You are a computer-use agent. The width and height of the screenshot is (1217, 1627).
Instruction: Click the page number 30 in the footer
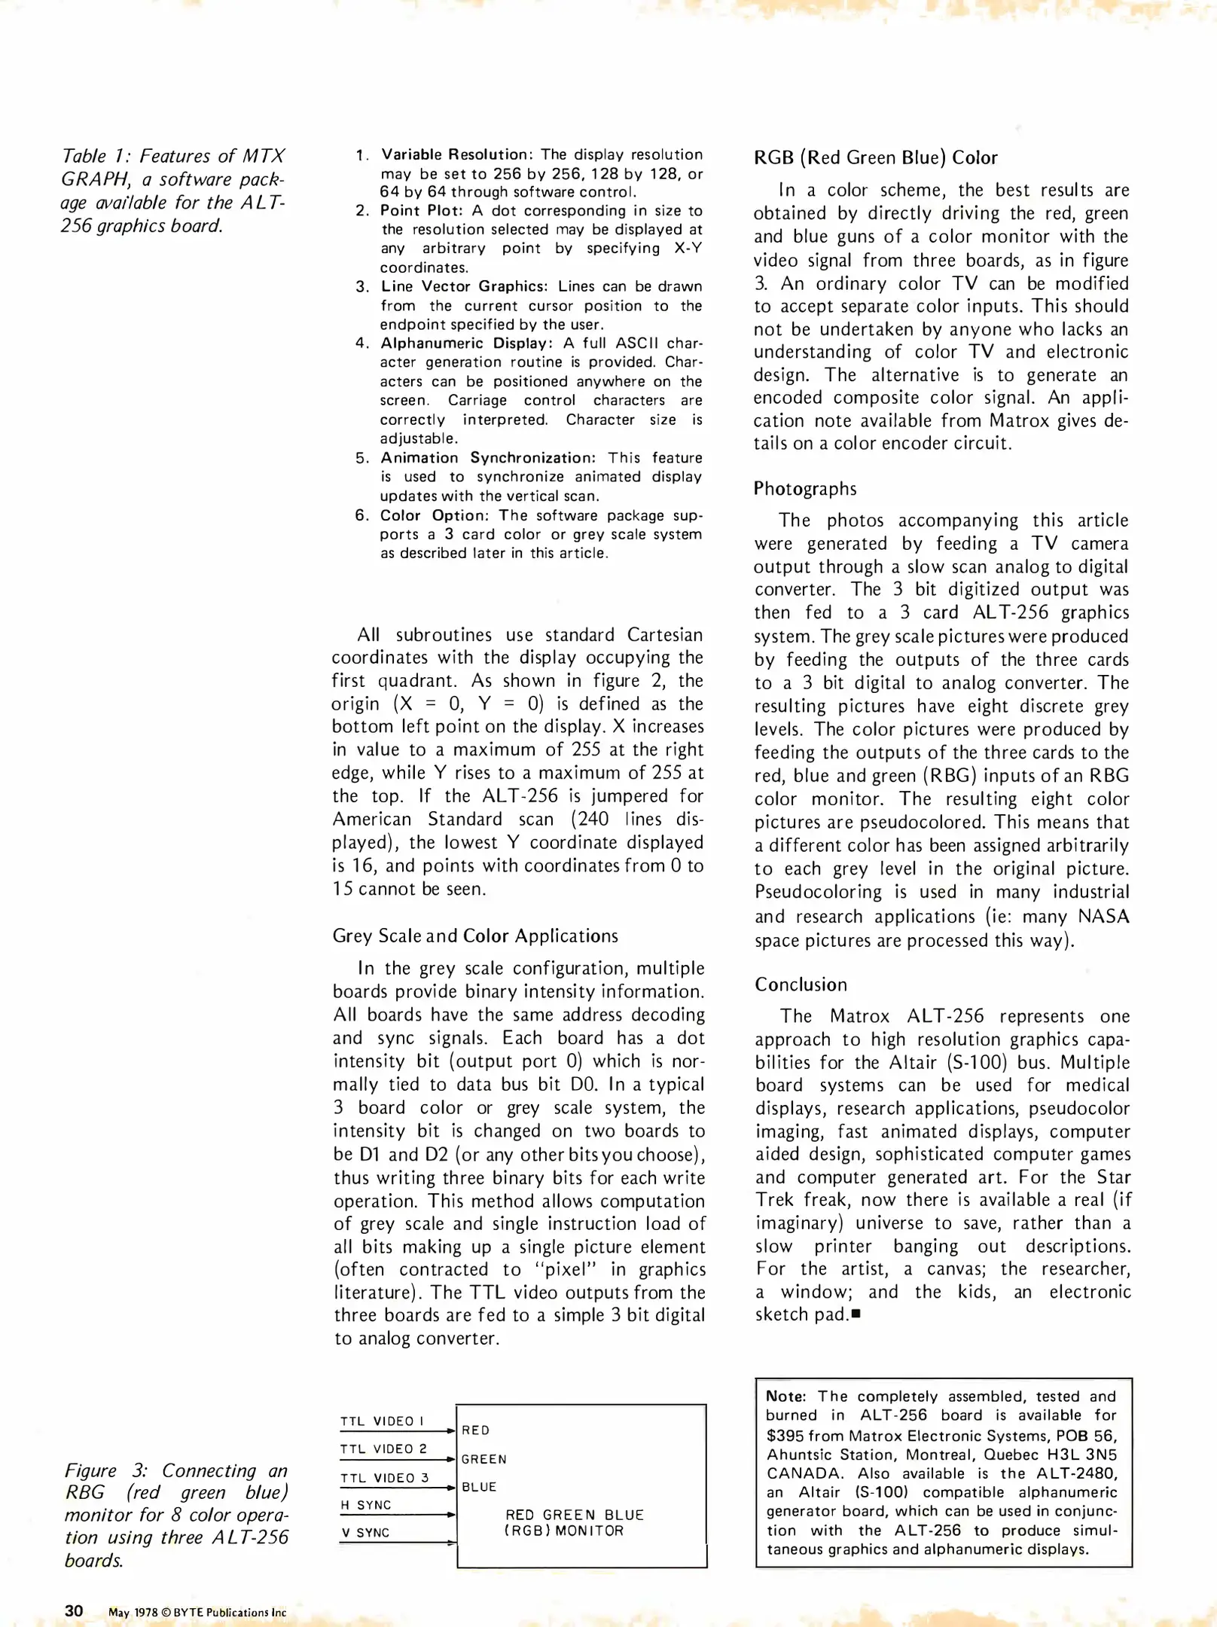[74, 1610]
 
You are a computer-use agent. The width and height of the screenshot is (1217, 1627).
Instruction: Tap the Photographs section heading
[805, 489]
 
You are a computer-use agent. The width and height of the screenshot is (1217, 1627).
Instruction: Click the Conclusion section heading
[801, 984]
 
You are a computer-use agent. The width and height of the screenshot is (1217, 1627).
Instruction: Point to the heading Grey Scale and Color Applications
[475, 936]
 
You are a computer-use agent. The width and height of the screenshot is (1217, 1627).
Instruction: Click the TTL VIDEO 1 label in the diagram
[382, 1421]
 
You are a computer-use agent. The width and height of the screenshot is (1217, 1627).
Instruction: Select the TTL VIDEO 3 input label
[384, 1478]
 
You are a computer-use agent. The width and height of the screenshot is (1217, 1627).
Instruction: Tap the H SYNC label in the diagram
[366, 1505]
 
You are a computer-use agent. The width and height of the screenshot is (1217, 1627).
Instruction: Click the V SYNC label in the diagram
[365, 1533]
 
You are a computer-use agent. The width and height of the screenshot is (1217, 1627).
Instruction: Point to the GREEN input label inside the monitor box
[484, 1459]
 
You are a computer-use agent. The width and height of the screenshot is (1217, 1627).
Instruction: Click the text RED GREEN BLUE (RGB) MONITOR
[574, 1522]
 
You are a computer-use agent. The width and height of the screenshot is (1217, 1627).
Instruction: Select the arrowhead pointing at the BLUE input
[451, 1488]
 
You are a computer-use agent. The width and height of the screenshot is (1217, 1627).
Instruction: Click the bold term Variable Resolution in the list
[454, 154]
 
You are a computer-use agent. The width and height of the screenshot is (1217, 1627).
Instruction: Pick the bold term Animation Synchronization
[487, 458]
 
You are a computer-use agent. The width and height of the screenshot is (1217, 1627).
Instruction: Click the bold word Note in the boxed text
[784, 1396]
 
